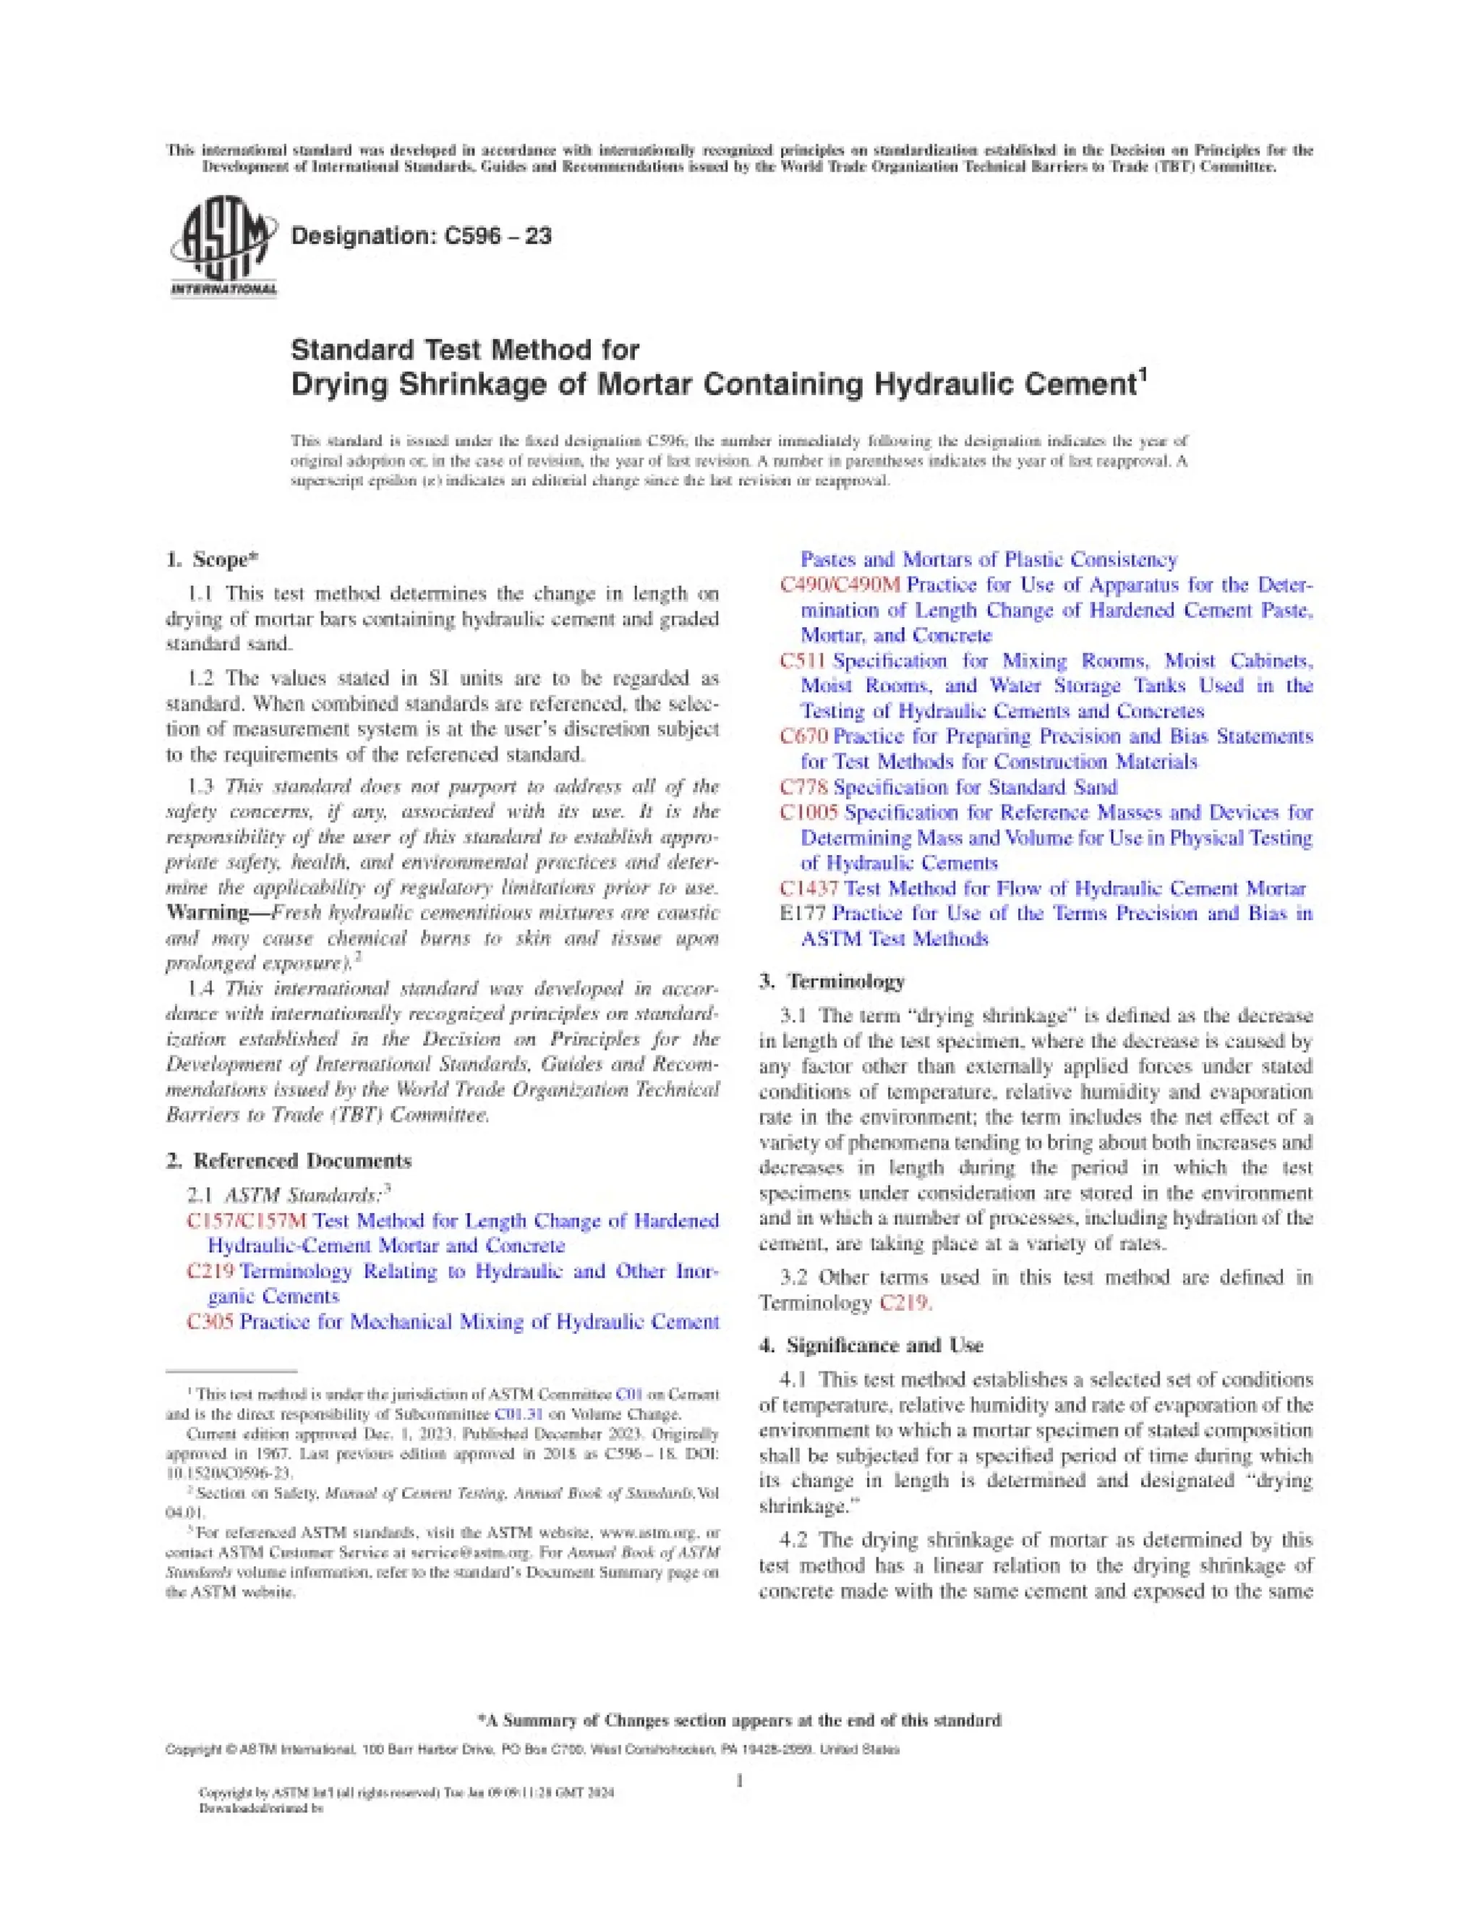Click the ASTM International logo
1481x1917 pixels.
(221, 247)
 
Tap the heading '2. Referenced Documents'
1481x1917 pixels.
(289, 1160)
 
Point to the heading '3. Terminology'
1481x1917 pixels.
(832, 980)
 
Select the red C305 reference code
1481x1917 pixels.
(210, 1321)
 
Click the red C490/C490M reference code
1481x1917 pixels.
(840, 585)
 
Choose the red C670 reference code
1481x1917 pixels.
(803, 736)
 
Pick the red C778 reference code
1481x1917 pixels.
(803, 787)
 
